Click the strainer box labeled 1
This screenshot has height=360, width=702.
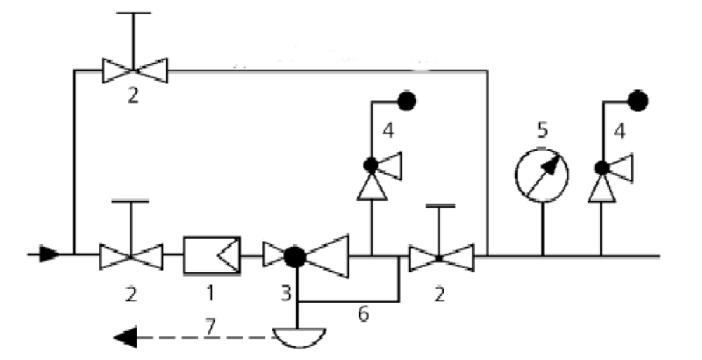pos(211,256)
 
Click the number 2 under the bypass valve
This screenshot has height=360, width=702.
pos(133,96)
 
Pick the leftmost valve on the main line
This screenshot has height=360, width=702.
pos(131,256)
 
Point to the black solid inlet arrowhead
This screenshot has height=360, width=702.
pos(49,256)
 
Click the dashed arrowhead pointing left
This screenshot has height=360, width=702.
pos(127,335)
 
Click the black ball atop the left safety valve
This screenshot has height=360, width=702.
pos(405,100)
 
